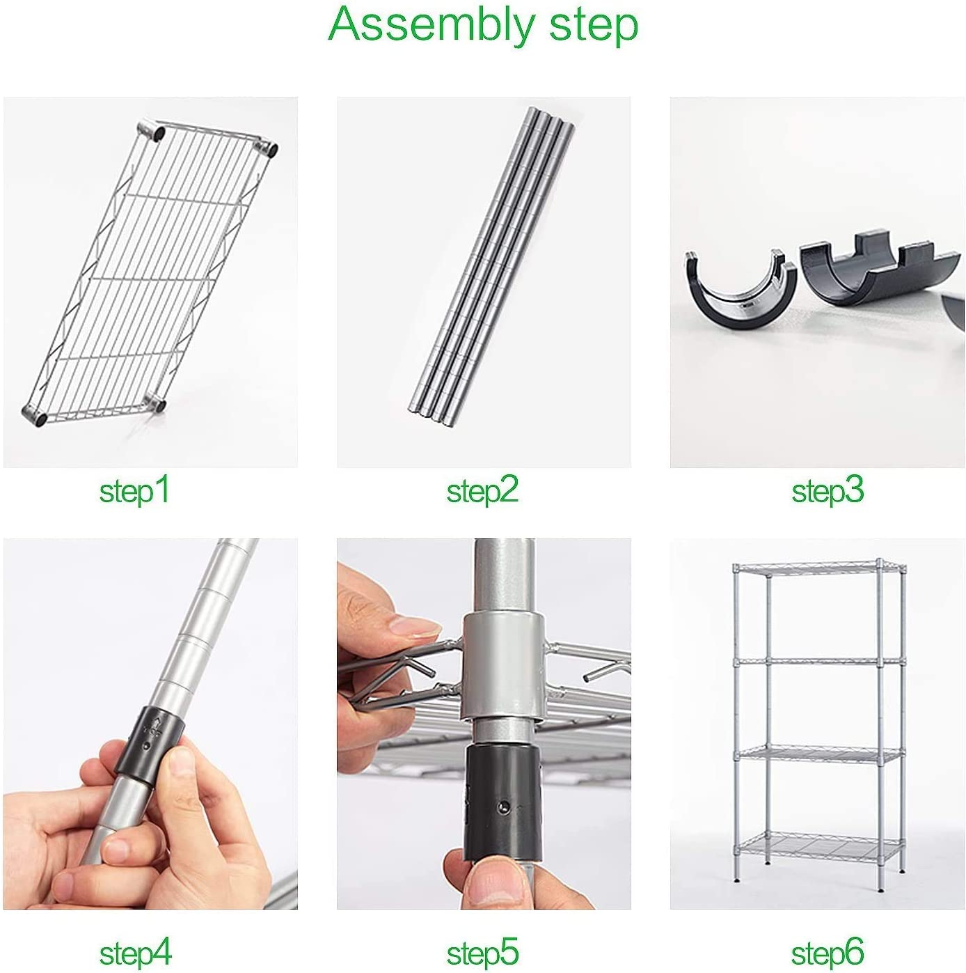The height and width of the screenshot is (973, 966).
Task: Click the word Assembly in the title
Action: coord(431,25)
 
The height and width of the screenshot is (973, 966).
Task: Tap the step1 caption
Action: coord(135,491)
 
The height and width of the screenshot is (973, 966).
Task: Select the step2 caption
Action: coord(483,491)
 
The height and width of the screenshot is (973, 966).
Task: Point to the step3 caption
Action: coord(828,491)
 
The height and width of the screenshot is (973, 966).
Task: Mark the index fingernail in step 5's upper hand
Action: coord(415,628)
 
